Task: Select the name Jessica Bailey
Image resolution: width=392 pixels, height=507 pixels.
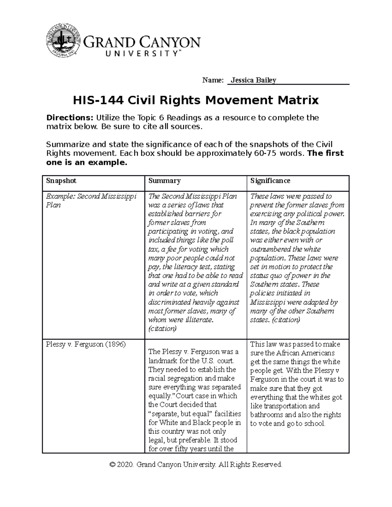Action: pyautogui.click(x=253, y=80)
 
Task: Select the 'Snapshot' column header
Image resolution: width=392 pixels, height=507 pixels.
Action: pyautogui.click(x=61, y=181)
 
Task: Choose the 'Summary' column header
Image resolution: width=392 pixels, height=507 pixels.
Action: pyautogui.click(x=164, y=181)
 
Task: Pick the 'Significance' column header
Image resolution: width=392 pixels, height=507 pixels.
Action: pyautogui.click(x=270, y=181)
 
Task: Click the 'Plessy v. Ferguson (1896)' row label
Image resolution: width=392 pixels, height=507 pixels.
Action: pyautogui.click(x=86, y=344)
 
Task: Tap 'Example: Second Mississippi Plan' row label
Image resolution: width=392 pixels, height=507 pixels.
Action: pyautogui.click(x=91, y=201)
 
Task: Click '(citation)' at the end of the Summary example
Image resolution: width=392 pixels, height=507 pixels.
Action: pyautogui.click(x=162, y=329)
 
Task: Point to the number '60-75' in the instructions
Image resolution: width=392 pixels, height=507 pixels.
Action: pyautogui.click(x=266, y=153)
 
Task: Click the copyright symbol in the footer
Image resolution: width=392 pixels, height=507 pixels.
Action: pyautogui.click(x=113, y=465)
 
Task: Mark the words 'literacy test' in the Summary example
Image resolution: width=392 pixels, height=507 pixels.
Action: pyautogui.click(x=193, y=267)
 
